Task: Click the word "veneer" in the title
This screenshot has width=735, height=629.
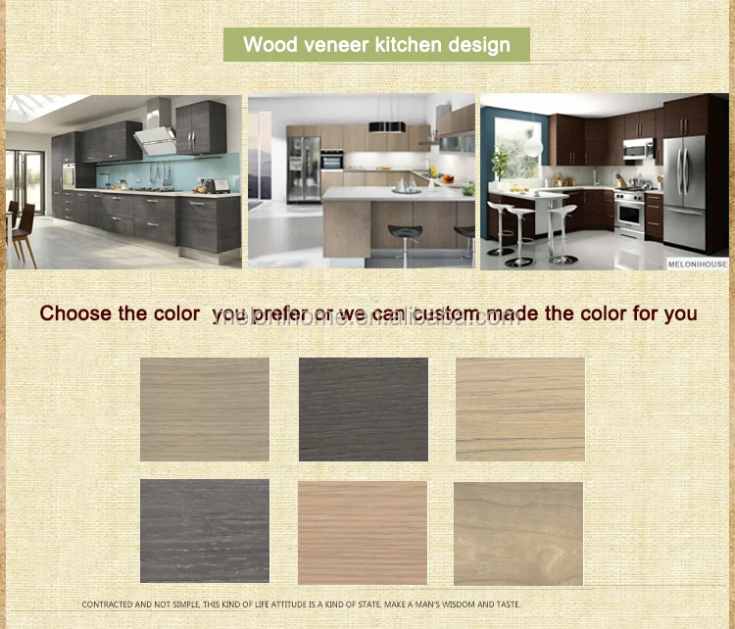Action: pyautogui.click(x=326, y=45)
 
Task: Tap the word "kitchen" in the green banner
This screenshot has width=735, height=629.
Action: pyautogui.click(x=401, y=45)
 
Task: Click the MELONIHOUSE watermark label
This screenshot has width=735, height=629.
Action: pyautogui.click(x=697, y=264)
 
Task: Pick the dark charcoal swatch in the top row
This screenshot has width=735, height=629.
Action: pyautogui.click(x=364, y=409)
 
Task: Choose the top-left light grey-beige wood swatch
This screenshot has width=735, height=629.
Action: pyautogui.click(x=205, y=409)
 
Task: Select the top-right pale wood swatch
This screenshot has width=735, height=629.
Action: pyautogui.click(x=520, y=409)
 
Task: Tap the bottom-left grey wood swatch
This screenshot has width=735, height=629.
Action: pyautogui.click(x=205, y=531)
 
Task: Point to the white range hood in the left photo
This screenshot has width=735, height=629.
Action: pyautogui.click(x=157, y=140)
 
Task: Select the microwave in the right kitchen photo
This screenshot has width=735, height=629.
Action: pyautogui.click(x=638, y=149)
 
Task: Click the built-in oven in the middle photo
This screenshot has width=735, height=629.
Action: pyautogui.click(x=332, y=161)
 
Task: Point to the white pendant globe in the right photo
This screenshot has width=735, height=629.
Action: pyautogui.click(x=534, y=146)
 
